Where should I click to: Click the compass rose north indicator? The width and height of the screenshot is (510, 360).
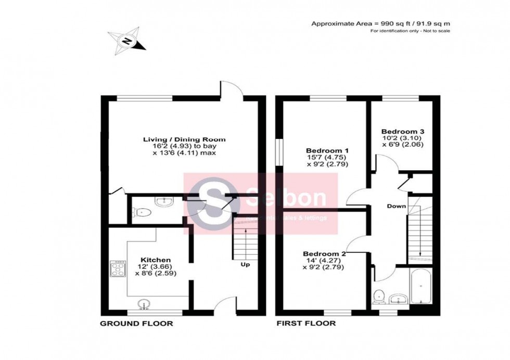126,41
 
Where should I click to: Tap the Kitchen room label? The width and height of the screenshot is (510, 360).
156,259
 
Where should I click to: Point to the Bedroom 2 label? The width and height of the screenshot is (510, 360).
324,254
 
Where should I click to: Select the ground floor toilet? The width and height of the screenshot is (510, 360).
142,212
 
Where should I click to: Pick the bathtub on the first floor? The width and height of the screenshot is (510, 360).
420,288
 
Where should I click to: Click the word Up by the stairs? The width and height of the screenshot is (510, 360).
245,264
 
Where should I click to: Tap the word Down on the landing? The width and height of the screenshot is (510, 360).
396,206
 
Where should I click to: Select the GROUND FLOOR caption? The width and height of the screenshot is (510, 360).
136,324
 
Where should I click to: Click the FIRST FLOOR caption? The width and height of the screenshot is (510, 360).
306,324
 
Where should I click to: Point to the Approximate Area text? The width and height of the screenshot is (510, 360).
380,23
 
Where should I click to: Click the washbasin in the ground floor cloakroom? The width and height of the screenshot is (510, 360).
165,201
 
